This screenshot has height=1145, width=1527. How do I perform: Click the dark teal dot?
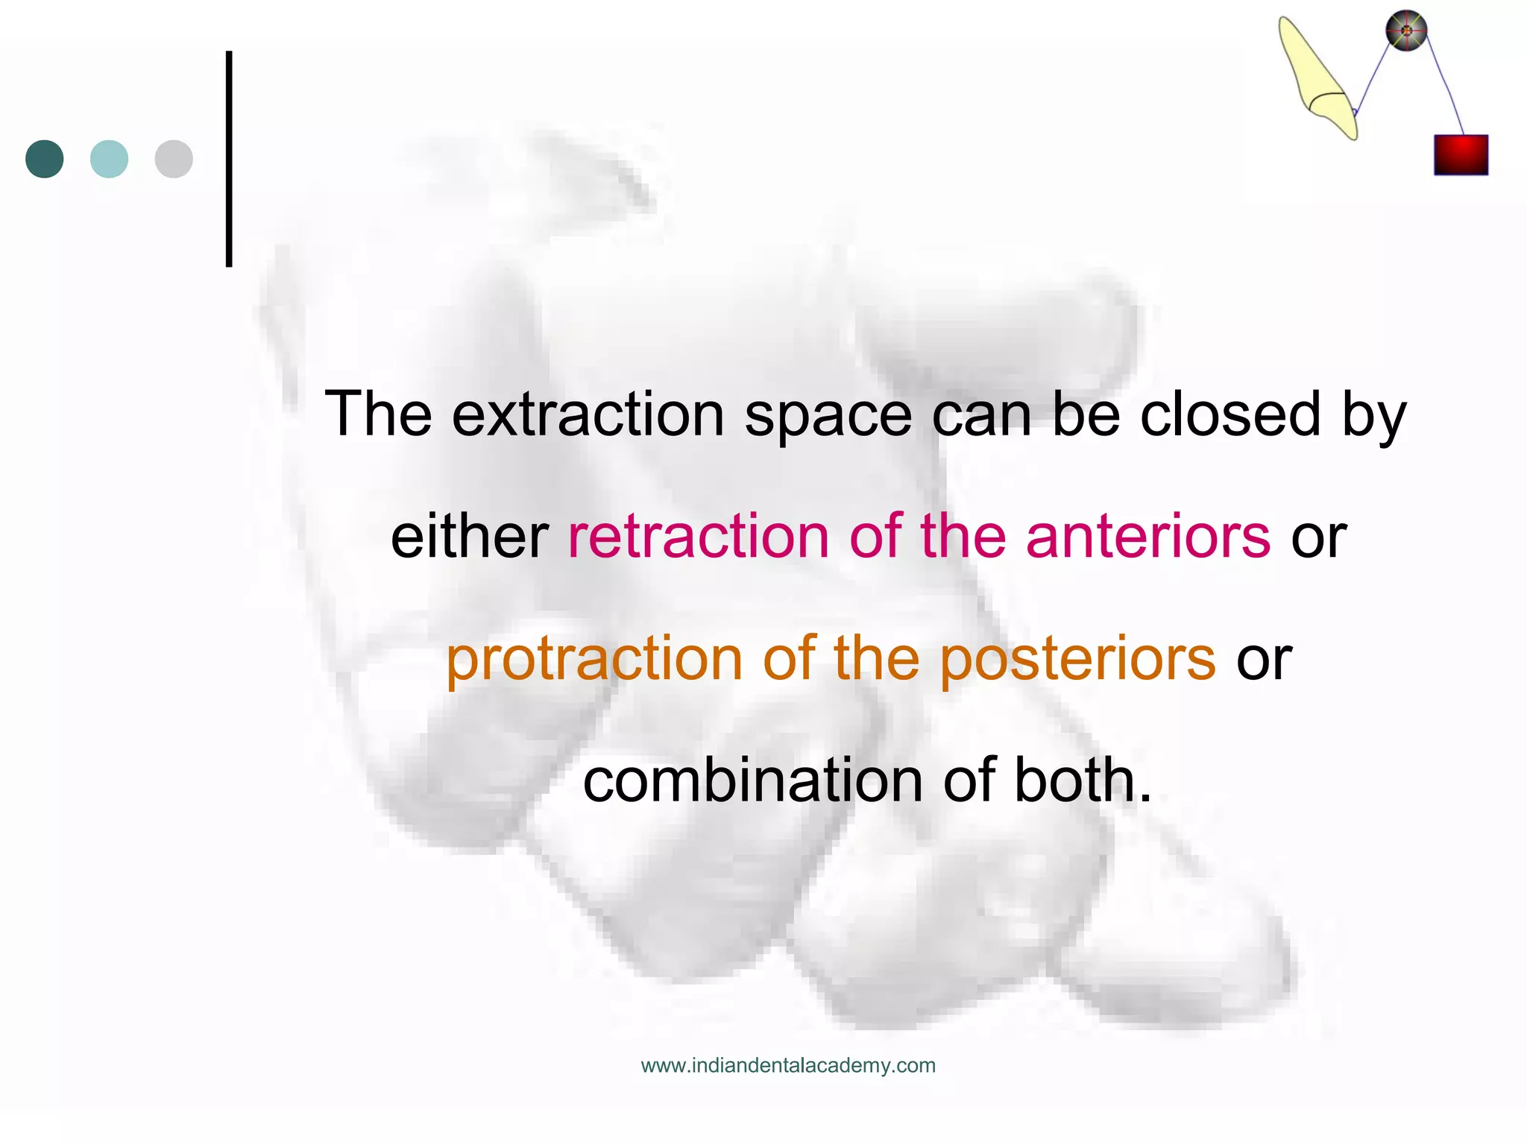[45, 159]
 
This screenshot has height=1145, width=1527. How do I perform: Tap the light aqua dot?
[109, 159]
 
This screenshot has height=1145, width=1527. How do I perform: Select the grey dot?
[174, 159]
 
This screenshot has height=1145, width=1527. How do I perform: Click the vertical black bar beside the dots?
[229, 159]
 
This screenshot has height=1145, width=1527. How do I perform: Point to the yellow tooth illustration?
[1317, 78]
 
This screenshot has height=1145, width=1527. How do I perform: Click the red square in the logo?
[1461, 155]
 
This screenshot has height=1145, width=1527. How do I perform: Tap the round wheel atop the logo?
[1406, 31]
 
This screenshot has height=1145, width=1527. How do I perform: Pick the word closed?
[1230, 414]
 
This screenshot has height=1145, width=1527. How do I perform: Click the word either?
[470, 537]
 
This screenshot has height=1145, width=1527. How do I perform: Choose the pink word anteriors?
[1148, 537]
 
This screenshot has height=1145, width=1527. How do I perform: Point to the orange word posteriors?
[1077, 660]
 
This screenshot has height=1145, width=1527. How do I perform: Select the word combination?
[754, 780]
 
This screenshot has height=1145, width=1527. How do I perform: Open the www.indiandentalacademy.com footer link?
[788, 1065]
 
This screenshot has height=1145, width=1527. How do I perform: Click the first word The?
[378, 414]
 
